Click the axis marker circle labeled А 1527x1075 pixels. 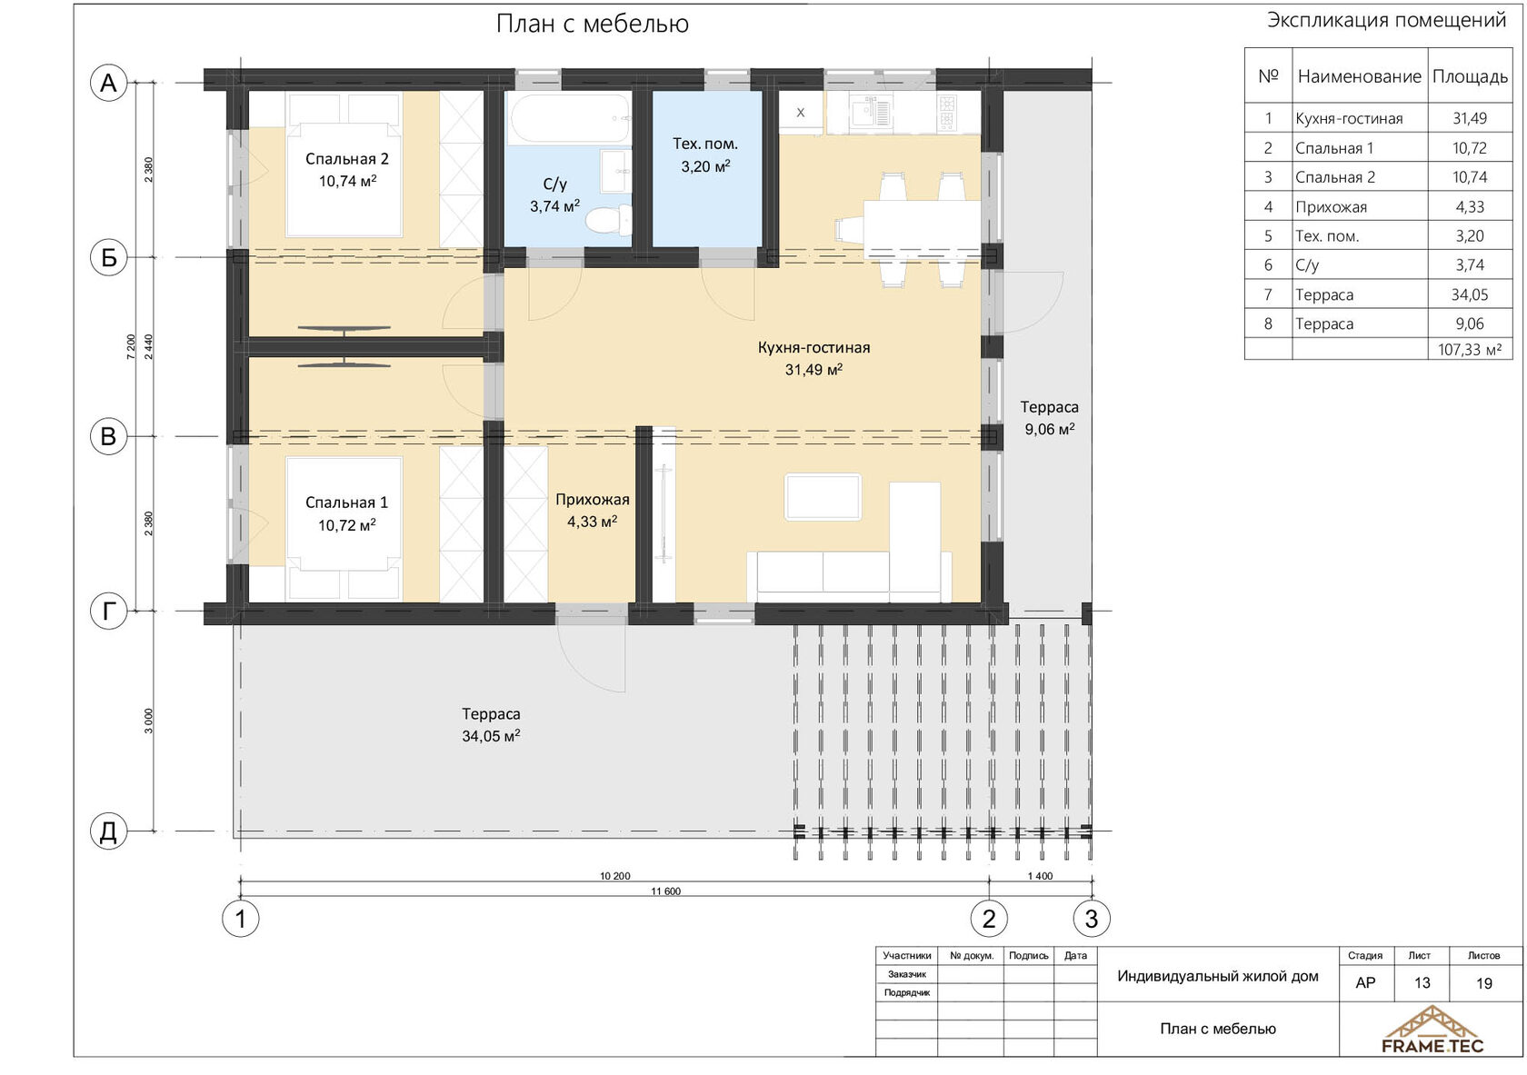pyautogui.click(x=108, y=83)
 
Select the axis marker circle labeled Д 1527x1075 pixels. pyautogui.click(x=108, y=831)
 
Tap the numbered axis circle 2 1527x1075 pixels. pyautogui.click(x=989, y=919)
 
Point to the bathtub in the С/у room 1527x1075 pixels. pyautogui.click(x=570, y=119)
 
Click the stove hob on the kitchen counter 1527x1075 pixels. pyautogui.click(x=947, y=113)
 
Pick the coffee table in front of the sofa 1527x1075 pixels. pyautogui.click(x=823, y=497)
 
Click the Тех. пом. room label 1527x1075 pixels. pyautogui.click(x=705, y=144)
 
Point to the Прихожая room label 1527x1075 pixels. pyautogui.click(x=593, y=500)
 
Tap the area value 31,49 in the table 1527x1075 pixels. pyautogui.click(x=1469, y=119)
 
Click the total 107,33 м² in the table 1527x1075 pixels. pyautogui.click(x=1470, y=350)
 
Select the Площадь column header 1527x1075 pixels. pyautogui.click(x=1470, y=76)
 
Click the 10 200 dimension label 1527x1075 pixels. pyautogui.click(x=614, y=876)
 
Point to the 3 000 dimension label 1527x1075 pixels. pyautogui.click(x=149, y=722)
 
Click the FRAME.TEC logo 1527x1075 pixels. pyautogui.click(x=1432, y=1030)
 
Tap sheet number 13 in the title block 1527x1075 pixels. pyautogui.click(x=1422, y=983)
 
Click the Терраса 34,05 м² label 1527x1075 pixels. pyautogui.click(x=491, y=724)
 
